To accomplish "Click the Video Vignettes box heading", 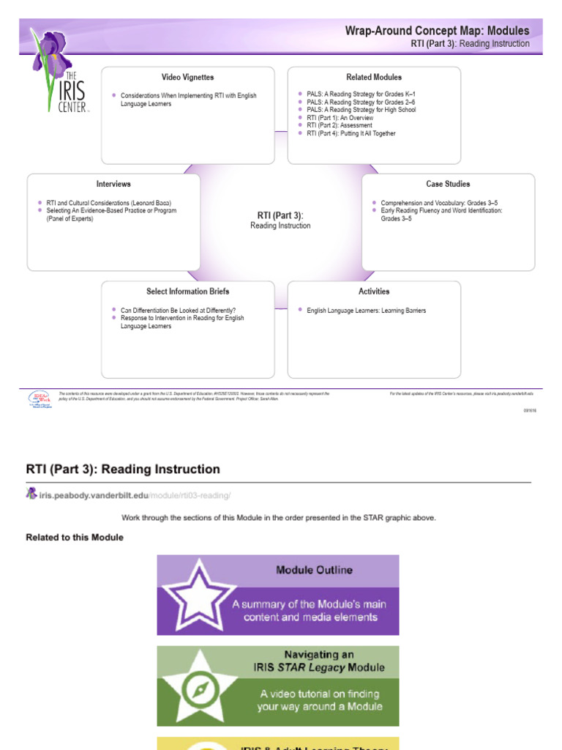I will [188, 77].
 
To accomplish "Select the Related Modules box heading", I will [374, 77].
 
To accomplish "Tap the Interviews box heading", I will [113, 184].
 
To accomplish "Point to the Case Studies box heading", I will [448, 184].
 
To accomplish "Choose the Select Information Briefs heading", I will [187, 292].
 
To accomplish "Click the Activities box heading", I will [374, 292].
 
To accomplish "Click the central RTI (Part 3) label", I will [280, 215].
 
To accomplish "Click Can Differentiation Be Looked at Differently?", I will [178, 311].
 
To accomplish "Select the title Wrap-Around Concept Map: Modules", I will [437, 31].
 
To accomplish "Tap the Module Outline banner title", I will [314, 570].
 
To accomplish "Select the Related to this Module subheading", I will [75, 538].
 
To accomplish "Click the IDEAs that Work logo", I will [39, 398].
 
